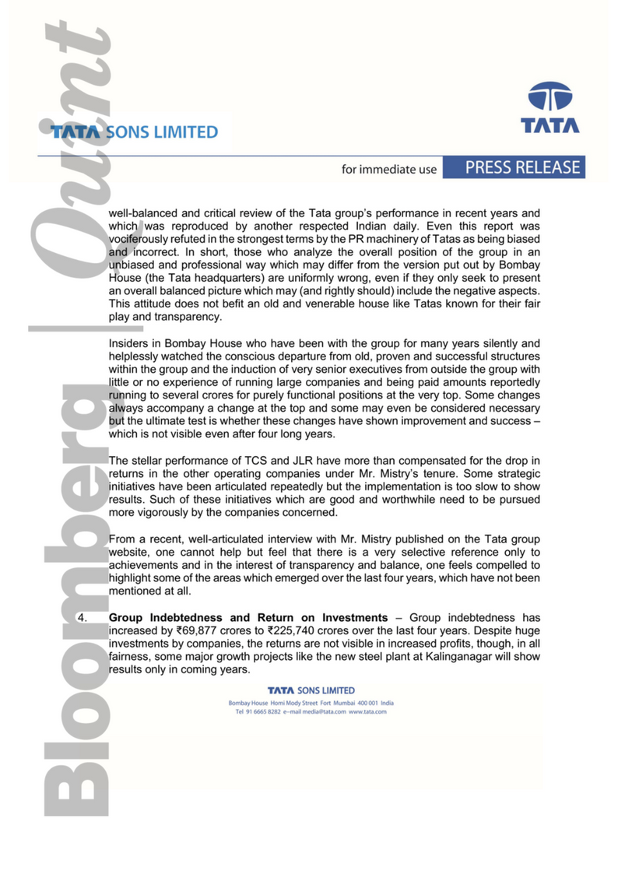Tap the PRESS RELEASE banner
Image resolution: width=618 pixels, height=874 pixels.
point(523,167)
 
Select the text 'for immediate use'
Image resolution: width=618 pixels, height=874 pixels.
point(389,169)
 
